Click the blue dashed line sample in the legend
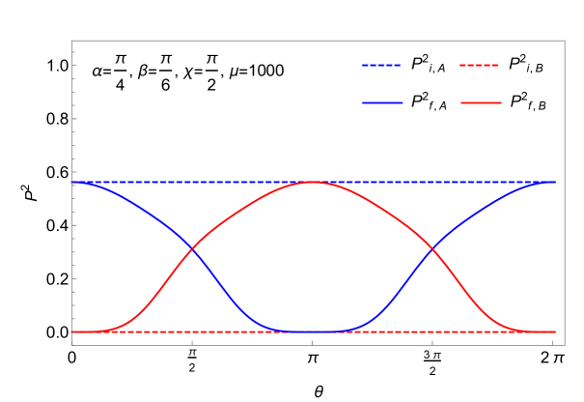tap(381, 66)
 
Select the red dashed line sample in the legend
tap(478, 66)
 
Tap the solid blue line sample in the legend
tap(381, 101)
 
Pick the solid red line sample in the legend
tap(481, 101)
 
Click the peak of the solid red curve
tap(312, 182)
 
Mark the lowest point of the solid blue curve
tap(312, 331)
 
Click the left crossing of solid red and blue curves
tap(193, 250)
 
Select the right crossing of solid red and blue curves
tap(431, 250)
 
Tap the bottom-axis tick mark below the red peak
tap(312, 342)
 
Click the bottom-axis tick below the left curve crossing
tap(192, 342)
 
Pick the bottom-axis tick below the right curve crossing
tap(431, 342)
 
